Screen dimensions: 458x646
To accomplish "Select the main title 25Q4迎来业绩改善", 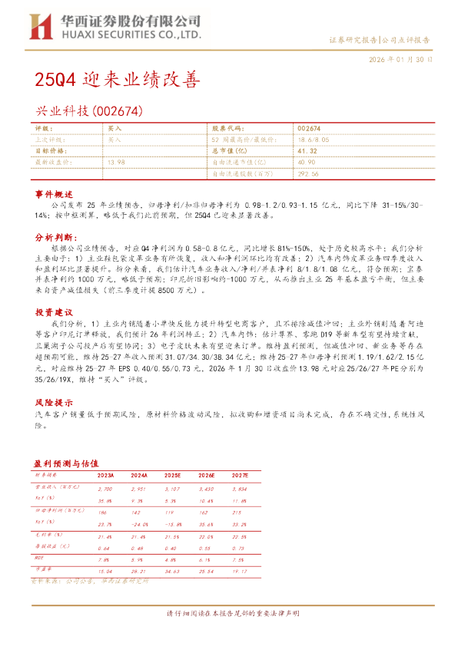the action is [116, 79].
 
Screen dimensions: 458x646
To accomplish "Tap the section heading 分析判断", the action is [53, 239].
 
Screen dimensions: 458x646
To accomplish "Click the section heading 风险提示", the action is [53, 402].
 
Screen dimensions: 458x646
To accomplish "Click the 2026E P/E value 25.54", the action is [207, 572].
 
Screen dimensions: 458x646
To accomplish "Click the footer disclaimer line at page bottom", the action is [228, 615].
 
